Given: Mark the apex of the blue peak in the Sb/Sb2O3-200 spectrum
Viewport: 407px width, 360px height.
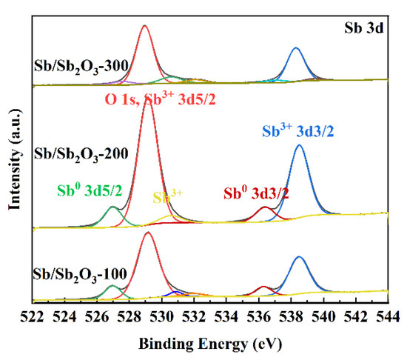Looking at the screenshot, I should pos(300,145).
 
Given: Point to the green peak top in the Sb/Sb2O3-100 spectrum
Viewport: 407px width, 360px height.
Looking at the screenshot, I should pos(112,286).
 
